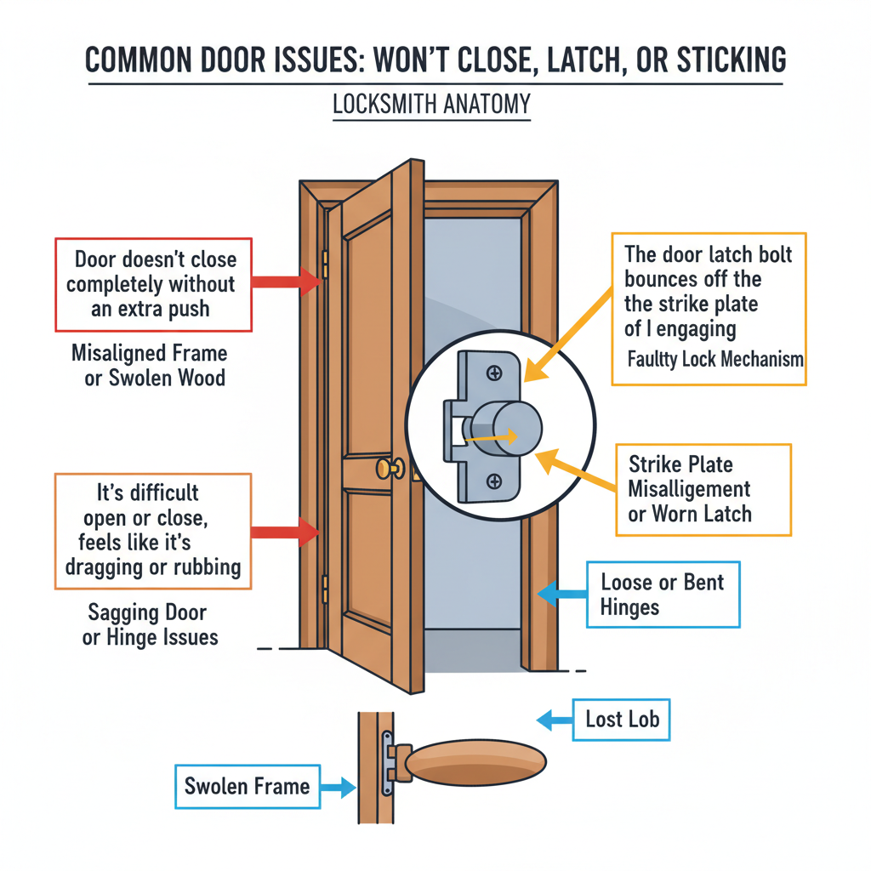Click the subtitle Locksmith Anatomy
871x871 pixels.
[431, 105]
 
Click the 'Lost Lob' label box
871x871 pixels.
[622, 720]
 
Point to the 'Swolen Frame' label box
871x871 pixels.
[247, 785]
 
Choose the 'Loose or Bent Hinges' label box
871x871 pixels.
[663, 595]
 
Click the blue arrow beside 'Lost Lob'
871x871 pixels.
[554, 720]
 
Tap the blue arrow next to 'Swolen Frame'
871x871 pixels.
[336, 787]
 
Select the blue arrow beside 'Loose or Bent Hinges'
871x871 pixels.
[559, 595]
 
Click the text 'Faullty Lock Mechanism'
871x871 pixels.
[714, 359]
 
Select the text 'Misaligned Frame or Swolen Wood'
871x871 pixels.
[154, 365]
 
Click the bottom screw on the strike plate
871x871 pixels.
[493, 481]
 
